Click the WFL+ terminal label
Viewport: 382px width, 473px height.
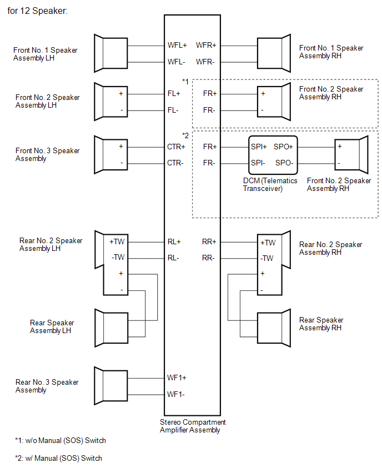[x=177, y=46]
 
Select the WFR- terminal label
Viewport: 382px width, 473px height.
[x=205, y=62]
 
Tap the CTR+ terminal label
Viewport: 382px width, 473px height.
[x=176, y=147]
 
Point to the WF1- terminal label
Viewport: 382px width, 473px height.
[x=176, y=394]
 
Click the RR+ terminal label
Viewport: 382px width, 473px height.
[x=209, y=241]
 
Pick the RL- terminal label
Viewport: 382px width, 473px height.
[x=173, y=258]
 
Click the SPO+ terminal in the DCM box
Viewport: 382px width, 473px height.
[x=283, y=147]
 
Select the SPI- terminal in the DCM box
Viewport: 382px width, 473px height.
[x=258, y=163]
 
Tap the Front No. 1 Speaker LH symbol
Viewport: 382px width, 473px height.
[x=110, y=53]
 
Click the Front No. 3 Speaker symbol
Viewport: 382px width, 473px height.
[x=110, y=155]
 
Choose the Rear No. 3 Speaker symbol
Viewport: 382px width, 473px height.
[x=110, y=386]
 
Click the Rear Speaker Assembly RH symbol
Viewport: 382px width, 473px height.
[x=274, y=328]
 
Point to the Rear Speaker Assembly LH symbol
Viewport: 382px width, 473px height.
[x=112, y=328]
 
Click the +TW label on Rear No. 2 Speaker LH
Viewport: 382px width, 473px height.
[x=117, y=241]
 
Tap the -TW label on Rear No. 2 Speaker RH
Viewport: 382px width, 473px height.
[x=267, y=258]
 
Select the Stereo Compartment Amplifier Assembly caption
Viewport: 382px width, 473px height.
[x=193, y=426]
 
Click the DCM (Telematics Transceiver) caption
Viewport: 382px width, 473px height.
[x=270, y=185]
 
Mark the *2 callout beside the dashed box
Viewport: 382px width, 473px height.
[x=185, y=136]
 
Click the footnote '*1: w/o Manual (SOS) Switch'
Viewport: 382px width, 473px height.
[x=61, y=440]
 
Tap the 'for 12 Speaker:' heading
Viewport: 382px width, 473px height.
[x=38, y=11]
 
